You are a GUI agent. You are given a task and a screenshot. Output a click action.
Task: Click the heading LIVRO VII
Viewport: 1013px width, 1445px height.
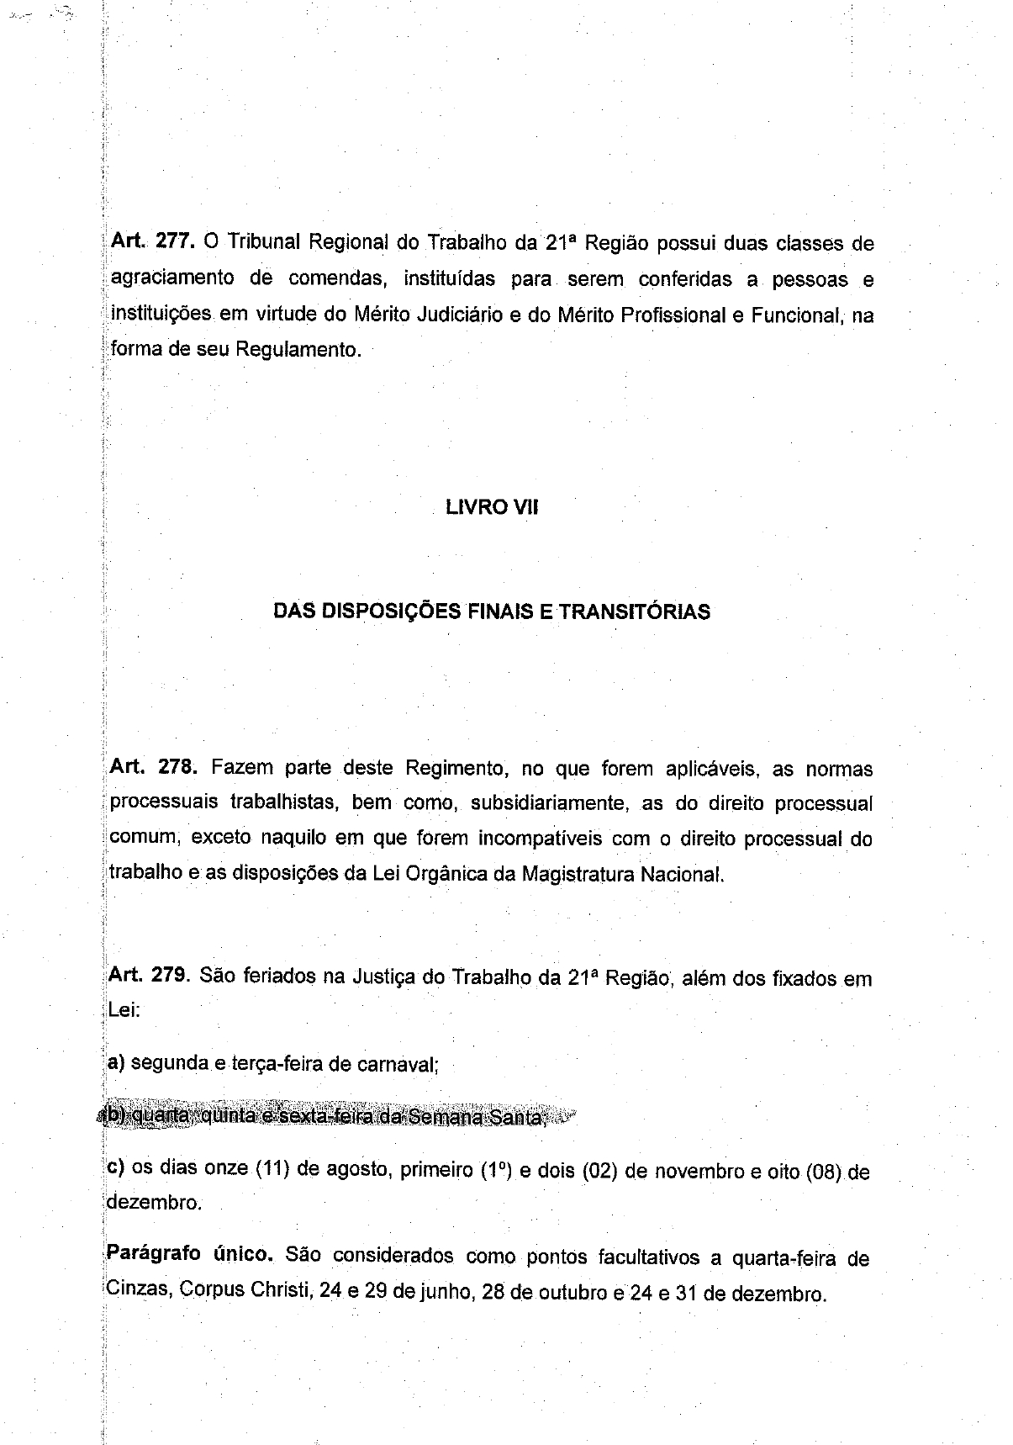(492, 507)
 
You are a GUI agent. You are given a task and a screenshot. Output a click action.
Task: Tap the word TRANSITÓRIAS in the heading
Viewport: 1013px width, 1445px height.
(634, 611)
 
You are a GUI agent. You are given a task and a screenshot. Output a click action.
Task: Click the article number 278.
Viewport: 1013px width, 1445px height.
(174, 768)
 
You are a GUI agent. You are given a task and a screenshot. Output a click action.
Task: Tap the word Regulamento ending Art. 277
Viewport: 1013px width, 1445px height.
(298, 349)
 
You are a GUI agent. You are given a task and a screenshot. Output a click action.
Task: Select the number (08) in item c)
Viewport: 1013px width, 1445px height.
(823, 1172)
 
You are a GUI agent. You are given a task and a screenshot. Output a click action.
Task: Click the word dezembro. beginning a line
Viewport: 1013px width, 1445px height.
(155, 1204)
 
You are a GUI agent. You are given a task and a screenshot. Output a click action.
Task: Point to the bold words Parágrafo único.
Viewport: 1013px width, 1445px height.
(189, 1255)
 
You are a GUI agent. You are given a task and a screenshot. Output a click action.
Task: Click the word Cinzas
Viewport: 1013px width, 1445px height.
(139, 1289)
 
